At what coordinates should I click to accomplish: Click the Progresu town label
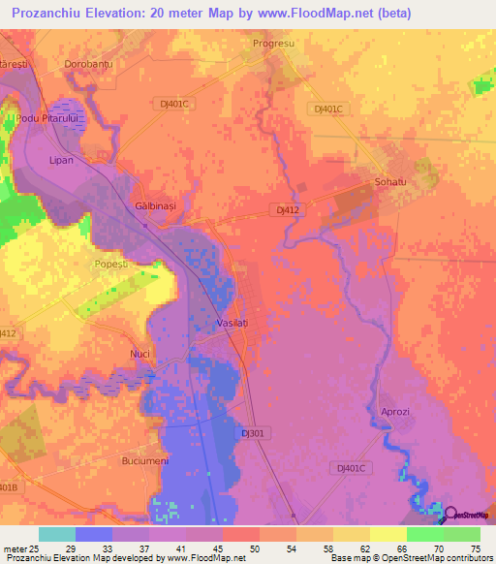click(x=272, y=45)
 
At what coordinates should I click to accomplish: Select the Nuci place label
click(x=140, y=354)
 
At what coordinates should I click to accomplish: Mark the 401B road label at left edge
click(x=8, y=487)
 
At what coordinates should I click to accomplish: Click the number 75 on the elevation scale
click(x=474, y=548)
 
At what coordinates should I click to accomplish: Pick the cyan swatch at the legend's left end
click(x=56, y=534)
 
